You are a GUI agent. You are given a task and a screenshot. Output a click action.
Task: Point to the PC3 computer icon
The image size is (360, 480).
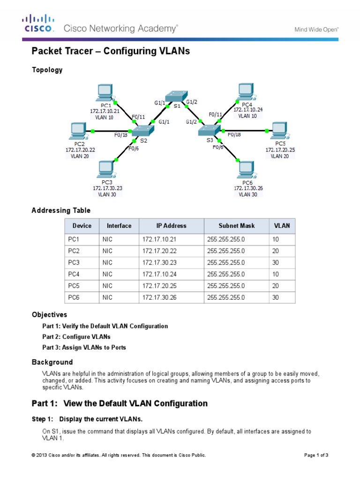[x=107, y=169]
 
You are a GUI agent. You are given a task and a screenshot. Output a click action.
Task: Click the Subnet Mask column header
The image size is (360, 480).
[x=236, y=225]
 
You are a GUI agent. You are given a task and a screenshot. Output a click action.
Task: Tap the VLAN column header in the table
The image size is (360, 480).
[x=282, y=225]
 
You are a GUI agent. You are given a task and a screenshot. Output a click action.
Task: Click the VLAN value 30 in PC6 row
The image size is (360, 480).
[x=276, y=297]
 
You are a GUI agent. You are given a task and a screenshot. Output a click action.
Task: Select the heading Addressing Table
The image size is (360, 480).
[x=61, y=210]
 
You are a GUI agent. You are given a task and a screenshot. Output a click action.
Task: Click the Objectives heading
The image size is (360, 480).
[x=49, y=315]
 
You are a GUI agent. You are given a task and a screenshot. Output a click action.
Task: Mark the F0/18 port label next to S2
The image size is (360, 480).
[x=121, y=135]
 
